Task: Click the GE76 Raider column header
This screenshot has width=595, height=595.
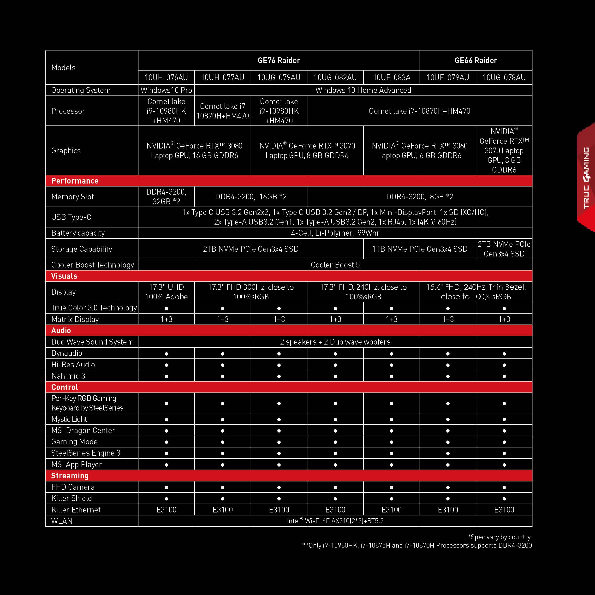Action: [x=279, y=60]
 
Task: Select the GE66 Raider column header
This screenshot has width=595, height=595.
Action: [x=476, y=60]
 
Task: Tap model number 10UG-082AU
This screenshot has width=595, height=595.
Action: [x=335, y=77]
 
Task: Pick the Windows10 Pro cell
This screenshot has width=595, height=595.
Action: [x=166, y=90]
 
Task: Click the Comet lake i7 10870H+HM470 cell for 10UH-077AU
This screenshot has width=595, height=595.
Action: [x=223, y=111]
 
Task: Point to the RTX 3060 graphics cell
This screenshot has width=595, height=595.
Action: [x=419, y=151]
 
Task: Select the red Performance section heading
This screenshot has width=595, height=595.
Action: [x=75, y=181]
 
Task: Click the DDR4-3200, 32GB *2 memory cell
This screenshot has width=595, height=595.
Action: [x=166, y=196]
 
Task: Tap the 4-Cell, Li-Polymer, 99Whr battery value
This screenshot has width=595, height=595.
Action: [x=335, y=233]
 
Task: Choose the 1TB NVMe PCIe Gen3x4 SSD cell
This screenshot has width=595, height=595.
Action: [x=419, y=249]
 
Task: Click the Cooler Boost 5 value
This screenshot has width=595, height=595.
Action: [x=335, y=265]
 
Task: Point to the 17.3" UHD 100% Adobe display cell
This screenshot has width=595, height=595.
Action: [x=166, y=292]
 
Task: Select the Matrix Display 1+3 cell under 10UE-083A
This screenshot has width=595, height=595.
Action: [x=392, y=319]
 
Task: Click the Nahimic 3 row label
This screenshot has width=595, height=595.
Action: [x=68, y=376]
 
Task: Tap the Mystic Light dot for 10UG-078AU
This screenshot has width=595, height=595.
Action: [x=504, y=419]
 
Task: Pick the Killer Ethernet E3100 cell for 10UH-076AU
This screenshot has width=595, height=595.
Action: [x=166, y=510]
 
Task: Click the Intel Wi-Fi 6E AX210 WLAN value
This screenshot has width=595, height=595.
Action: [x=335, y=521]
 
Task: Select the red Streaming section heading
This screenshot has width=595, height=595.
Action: [x=70, y=476]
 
